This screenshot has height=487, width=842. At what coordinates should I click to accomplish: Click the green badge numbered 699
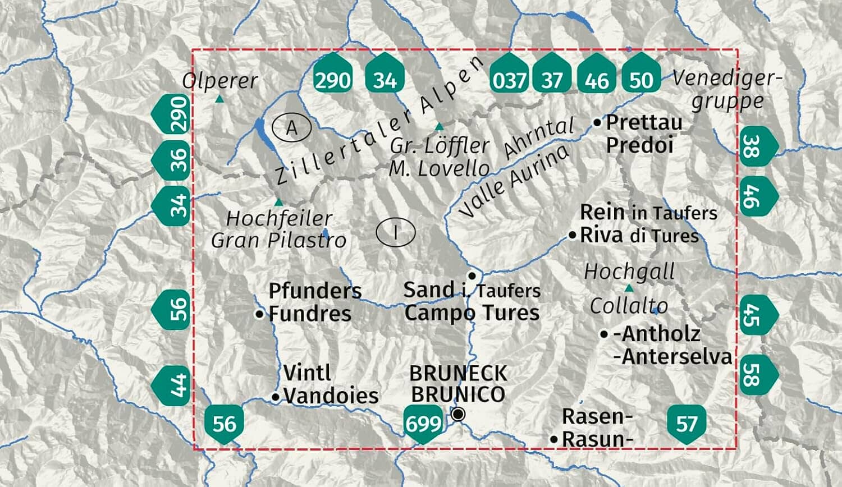(423, 423)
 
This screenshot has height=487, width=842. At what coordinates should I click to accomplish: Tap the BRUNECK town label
(458, 373)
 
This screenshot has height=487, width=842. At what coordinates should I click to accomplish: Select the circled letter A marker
(292, 128)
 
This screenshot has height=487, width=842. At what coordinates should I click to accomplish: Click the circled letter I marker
(396, 232)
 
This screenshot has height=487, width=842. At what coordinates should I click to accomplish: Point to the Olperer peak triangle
(219, 99)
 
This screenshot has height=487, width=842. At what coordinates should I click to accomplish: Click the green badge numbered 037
(509, 80)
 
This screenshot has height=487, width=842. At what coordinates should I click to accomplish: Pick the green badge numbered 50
(641, 80)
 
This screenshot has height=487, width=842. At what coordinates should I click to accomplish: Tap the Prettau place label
(644, 122)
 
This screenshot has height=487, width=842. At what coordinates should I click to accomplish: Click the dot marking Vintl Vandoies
(275, 397)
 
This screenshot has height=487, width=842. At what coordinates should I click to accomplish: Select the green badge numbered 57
(687, 424)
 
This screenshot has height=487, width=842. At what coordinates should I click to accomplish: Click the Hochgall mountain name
(629, 272)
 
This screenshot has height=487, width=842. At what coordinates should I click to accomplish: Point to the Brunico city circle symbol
(459, 415)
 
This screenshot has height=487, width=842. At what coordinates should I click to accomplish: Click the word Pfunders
(315, 291)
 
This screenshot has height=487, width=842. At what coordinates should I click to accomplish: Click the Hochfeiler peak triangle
(278, 202)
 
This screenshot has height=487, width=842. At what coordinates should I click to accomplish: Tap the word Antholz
(660, 334)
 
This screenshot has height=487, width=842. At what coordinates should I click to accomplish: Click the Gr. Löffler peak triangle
(439, 126)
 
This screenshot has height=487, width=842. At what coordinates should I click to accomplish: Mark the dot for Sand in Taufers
(472, 275)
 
